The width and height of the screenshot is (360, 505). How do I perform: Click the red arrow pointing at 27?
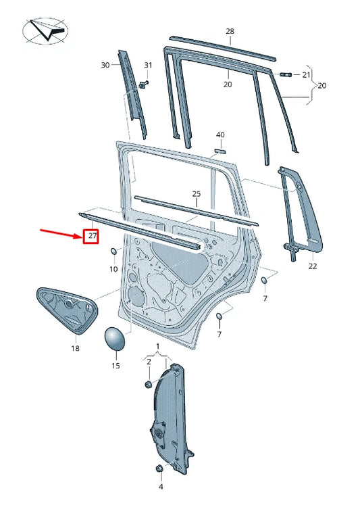pyautogui.click(x=60, y=233)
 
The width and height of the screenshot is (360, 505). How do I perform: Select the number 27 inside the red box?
pyautogui.click(x=91, y=237)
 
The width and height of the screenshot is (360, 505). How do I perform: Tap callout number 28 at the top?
pyautogui.click(x=230, y=32)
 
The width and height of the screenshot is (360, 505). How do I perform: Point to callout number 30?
pyautogui.click(x=105, y=65)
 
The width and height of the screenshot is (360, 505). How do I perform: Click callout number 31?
pyautogui.click(x=148, y=65)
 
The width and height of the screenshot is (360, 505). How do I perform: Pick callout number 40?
pyautogui.click(x=220, y=135)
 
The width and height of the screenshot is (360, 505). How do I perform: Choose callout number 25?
pyautogui.click(x=196, y=194)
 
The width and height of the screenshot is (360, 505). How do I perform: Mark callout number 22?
pyautogui.click(x=312, y=267)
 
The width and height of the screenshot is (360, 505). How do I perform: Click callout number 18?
pyautogui.click(x=75, y=349)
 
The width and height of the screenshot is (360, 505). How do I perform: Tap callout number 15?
pyautogui.click(x=115, y=366)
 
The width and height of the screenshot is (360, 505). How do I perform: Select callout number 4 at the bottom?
pyautogui.click(x=161, y=487)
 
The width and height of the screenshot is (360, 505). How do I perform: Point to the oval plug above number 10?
pyautogui.click(x=114, y=253)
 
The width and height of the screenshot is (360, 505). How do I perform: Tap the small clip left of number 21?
pyautogui.click(x=284, y=74)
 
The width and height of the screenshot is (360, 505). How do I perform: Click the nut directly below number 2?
pyautogui.click(x=149, y=384)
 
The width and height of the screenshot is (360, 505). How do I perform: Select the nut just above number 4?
pyautogui.click(x=159, y=468)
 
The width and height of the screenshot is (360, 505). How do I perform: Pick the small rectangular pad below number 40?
pyautogui.click(x=219, y=150)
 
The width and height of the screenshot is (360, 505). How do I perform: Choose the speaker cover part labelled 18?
pyautogui.click(x=66, y=311)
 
